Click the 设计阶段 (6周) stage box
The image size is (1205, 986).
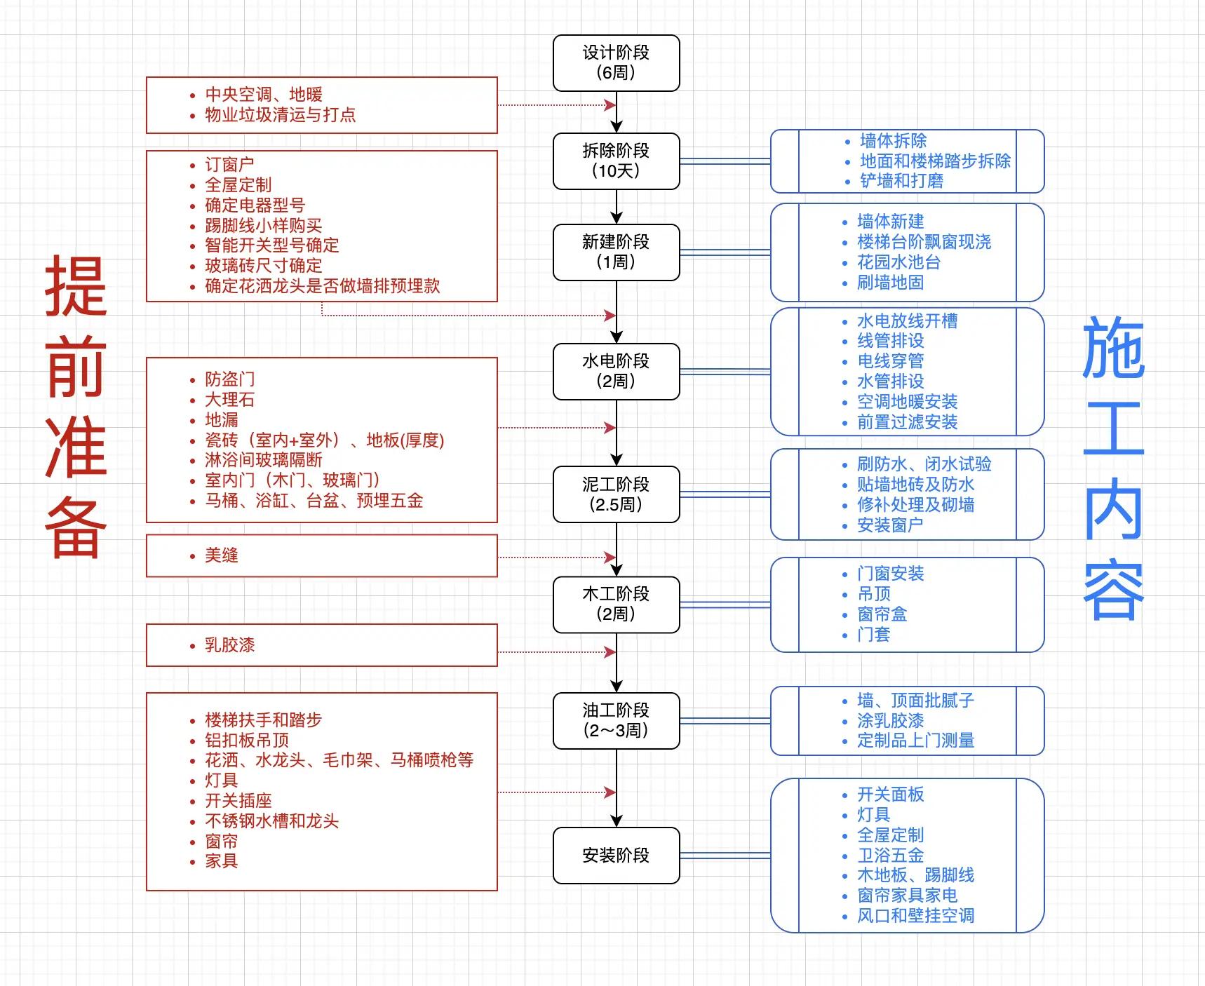[x=616, y=63]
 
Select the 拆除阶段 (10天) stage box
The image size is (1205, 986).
[x=616, y=161]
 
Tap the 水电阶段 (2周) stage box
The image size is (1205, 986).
[x=616, y=372]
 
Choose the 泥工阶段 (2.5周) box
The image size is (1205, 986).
[x=616, y=494]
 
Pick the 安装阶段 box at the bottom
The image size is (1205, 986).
[x=616, y=856]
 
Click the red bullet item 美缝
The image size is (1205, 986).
[x=222, y=555]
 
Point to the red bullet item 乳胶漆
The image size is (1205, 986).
[x=229, y=645]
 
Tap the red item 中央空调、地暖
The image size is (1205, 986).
[x=263, y=95]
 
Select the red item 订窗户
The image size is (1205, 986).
[x=229, y=165]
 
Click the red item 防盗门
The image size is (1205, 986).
[x=229, y=379]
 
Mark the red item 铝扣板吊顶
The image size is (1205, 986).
[x=246, y=741]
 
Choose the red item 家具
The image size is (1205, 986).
[x=222, y=861]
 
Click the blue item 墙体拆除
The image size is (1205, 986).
[x=893, y=141]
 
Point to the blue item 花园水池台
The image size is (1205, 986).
[x=898, y=262]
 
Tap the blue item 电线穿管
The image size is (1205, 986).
[x=890, y=361]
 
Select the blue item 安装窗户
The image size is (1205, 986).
[x=890, y=525]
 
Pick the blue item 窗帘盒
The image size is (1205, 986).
[x=882, y=614]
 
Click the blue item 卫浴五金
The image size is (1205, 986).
[x=890, y=856]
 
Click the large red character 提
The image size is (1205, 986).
[x=76, y=286]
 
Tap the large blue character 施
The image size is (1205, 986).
[x=1113, y=347]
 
